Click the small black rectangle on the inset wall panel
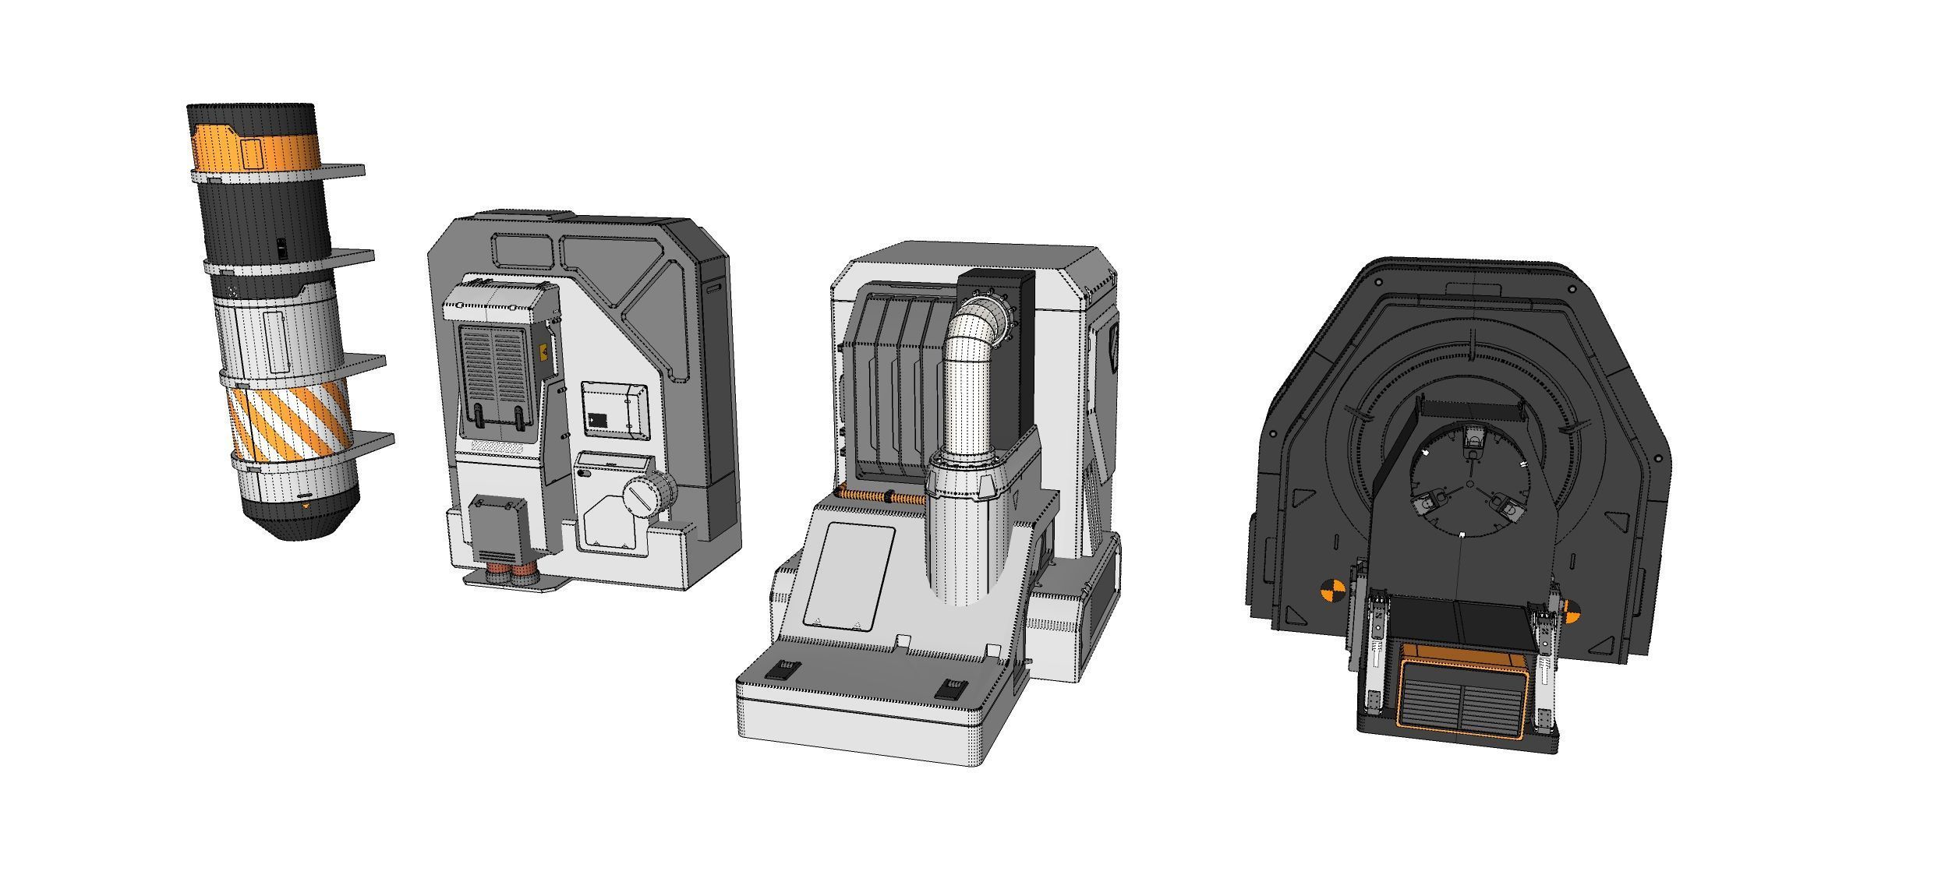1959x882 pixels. click(x=599, y=420)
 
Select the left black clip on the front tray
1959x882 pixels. click(x=780, y=669)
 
